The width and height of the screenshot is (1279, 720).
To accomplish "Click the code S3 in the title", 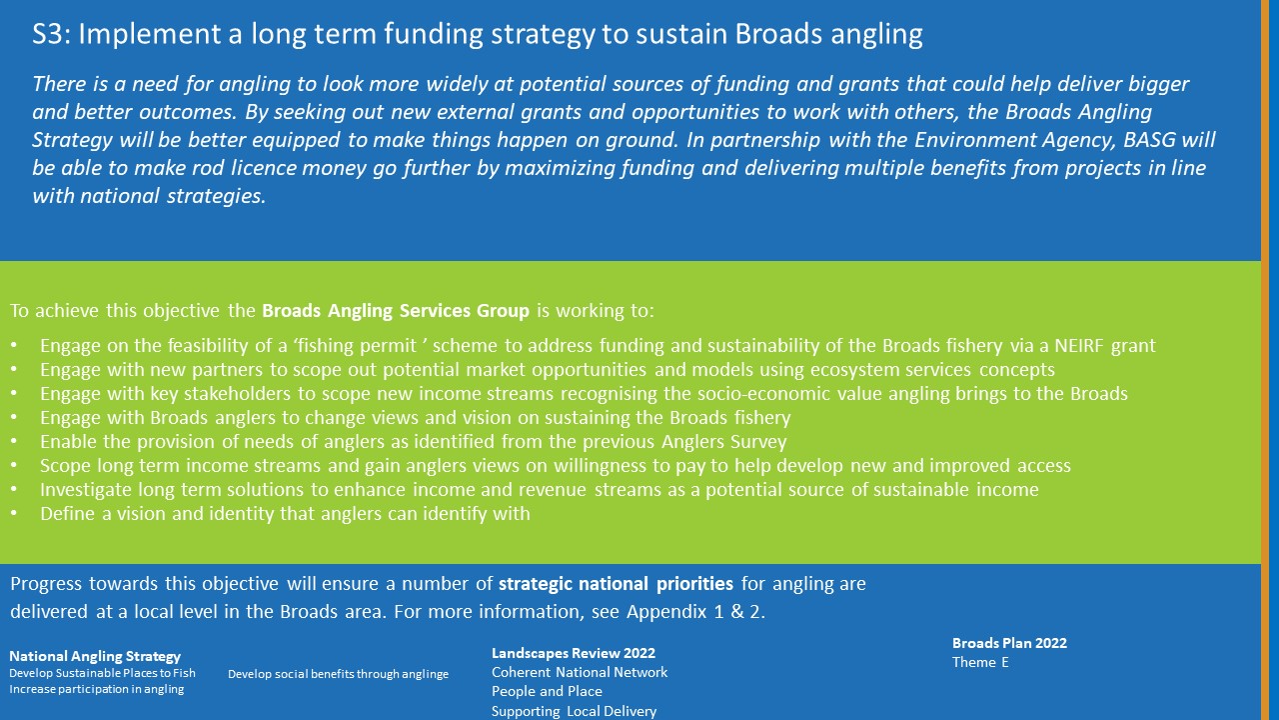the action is coord(50,34).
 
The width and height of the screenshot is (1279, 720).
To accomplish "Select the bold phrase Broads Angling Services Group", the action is coord(395,310).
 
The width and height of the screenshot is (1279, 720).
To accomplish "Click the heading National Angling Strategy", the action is coord(95,656).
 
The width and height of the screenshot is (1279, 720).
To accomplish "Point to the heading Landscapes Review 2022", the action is coord(574,653).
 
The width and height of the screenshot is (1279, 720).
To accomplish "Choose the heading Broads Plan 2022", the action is coord(1009,643).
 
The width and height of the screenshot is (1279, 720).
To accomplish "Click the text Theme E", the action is coord(980,662).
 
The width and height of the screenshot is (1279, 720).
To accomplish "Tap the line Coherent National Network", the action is coord(580,672).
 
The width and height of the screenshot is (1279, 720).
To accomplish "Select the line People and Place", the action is coord(547,691).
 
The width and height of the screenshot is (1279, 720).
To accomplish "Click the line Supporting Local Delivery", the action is coord(574,711).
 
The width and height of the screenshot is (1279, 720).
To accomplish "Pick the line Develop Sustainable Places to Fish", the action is coord(102,673).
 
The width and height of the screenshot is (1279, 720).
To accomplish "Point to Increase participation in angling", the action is coord(97,689).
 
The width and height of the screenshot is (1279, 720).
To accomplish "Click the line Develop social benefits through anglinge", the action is coord(338,674).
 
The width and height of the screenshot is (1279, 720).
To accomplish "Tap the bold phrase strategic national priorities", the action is coord(616,583).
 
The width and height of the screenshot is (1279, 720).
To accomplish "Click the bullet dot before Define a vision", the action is coord(14,514).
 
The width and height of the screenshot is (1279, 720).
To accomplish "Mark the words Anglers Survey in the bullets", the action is coord(723,442).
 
